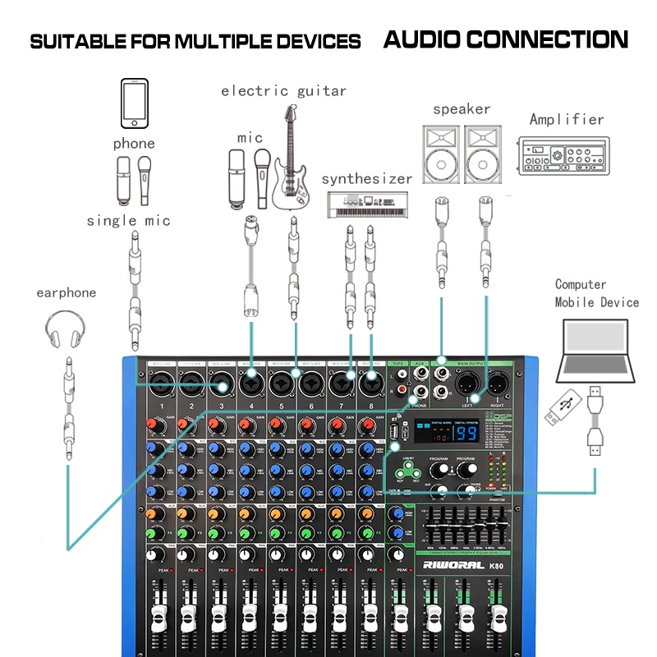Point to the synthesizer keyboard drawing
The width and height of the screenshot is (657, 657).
coord(366,204)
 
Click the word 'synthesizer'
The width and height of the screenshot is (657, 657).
coord(366,178)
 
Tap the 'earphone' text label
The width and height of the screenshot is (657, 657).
coord(66,292)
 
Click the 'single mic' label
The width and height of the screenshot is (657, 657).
coord(129,220)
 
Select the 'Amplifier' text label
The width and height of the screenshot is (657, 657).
coord(567,119)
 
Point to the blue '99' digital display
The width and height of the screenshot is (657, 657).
coord(468,434)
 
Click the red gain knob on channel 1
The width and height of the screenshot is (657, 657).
coord(152,425)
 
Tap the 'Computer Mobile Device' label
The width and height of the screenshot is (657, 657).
coord(596,293)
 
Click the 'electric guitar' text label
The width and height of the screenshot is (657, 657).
coord(283,90)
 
